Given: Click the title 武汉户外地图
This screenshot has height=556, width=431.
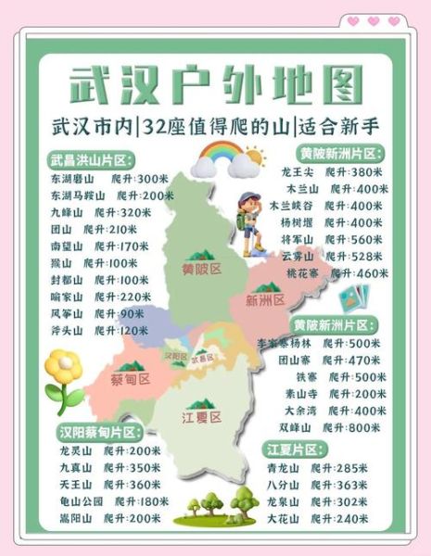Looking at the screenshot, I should pyautogui.click(x=215, y=85).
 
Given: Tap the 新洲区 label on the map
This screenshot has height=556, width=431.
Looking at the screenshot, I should pyautogui.click(x=265, y=299).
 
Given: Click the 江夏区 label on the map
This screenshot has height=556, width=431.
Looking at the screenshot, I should pyautogui.click(x=201, y=417).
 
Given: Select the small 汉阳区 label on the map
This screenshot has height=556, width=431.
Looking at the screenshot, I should pyautogui.click(x=175, y=355).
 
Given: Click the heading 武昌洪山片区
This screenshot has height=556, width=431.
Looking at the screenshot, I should pyautogui.click(x=93, y=159).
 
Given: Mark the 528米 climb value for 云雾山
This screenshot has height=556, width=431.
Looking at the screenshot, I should pyautogui.click(x=362, y=256).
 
